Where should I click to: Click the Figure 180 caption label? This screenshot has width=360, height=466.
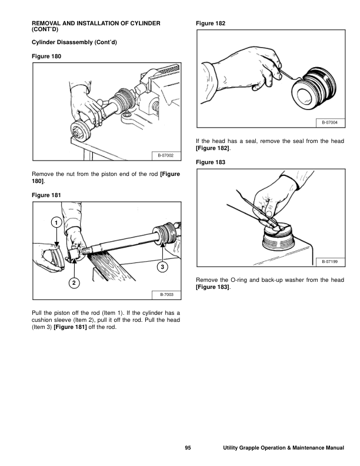pos(46,56)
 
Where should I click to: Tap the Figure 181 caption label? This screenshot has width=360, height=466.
pos(46,195)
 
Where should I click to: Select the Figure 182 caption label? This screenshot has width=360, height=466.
pos(210,23)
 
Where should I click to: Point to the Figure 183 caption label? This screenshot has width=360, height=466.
pos(210,161)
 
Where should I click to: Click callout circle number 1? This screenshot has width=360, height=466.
pos(55,223)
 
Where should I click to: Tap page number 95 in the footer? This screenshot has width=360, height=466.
pos(188,449)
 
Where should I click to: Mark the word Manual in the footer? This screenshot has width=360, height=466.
pos(333,449)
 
